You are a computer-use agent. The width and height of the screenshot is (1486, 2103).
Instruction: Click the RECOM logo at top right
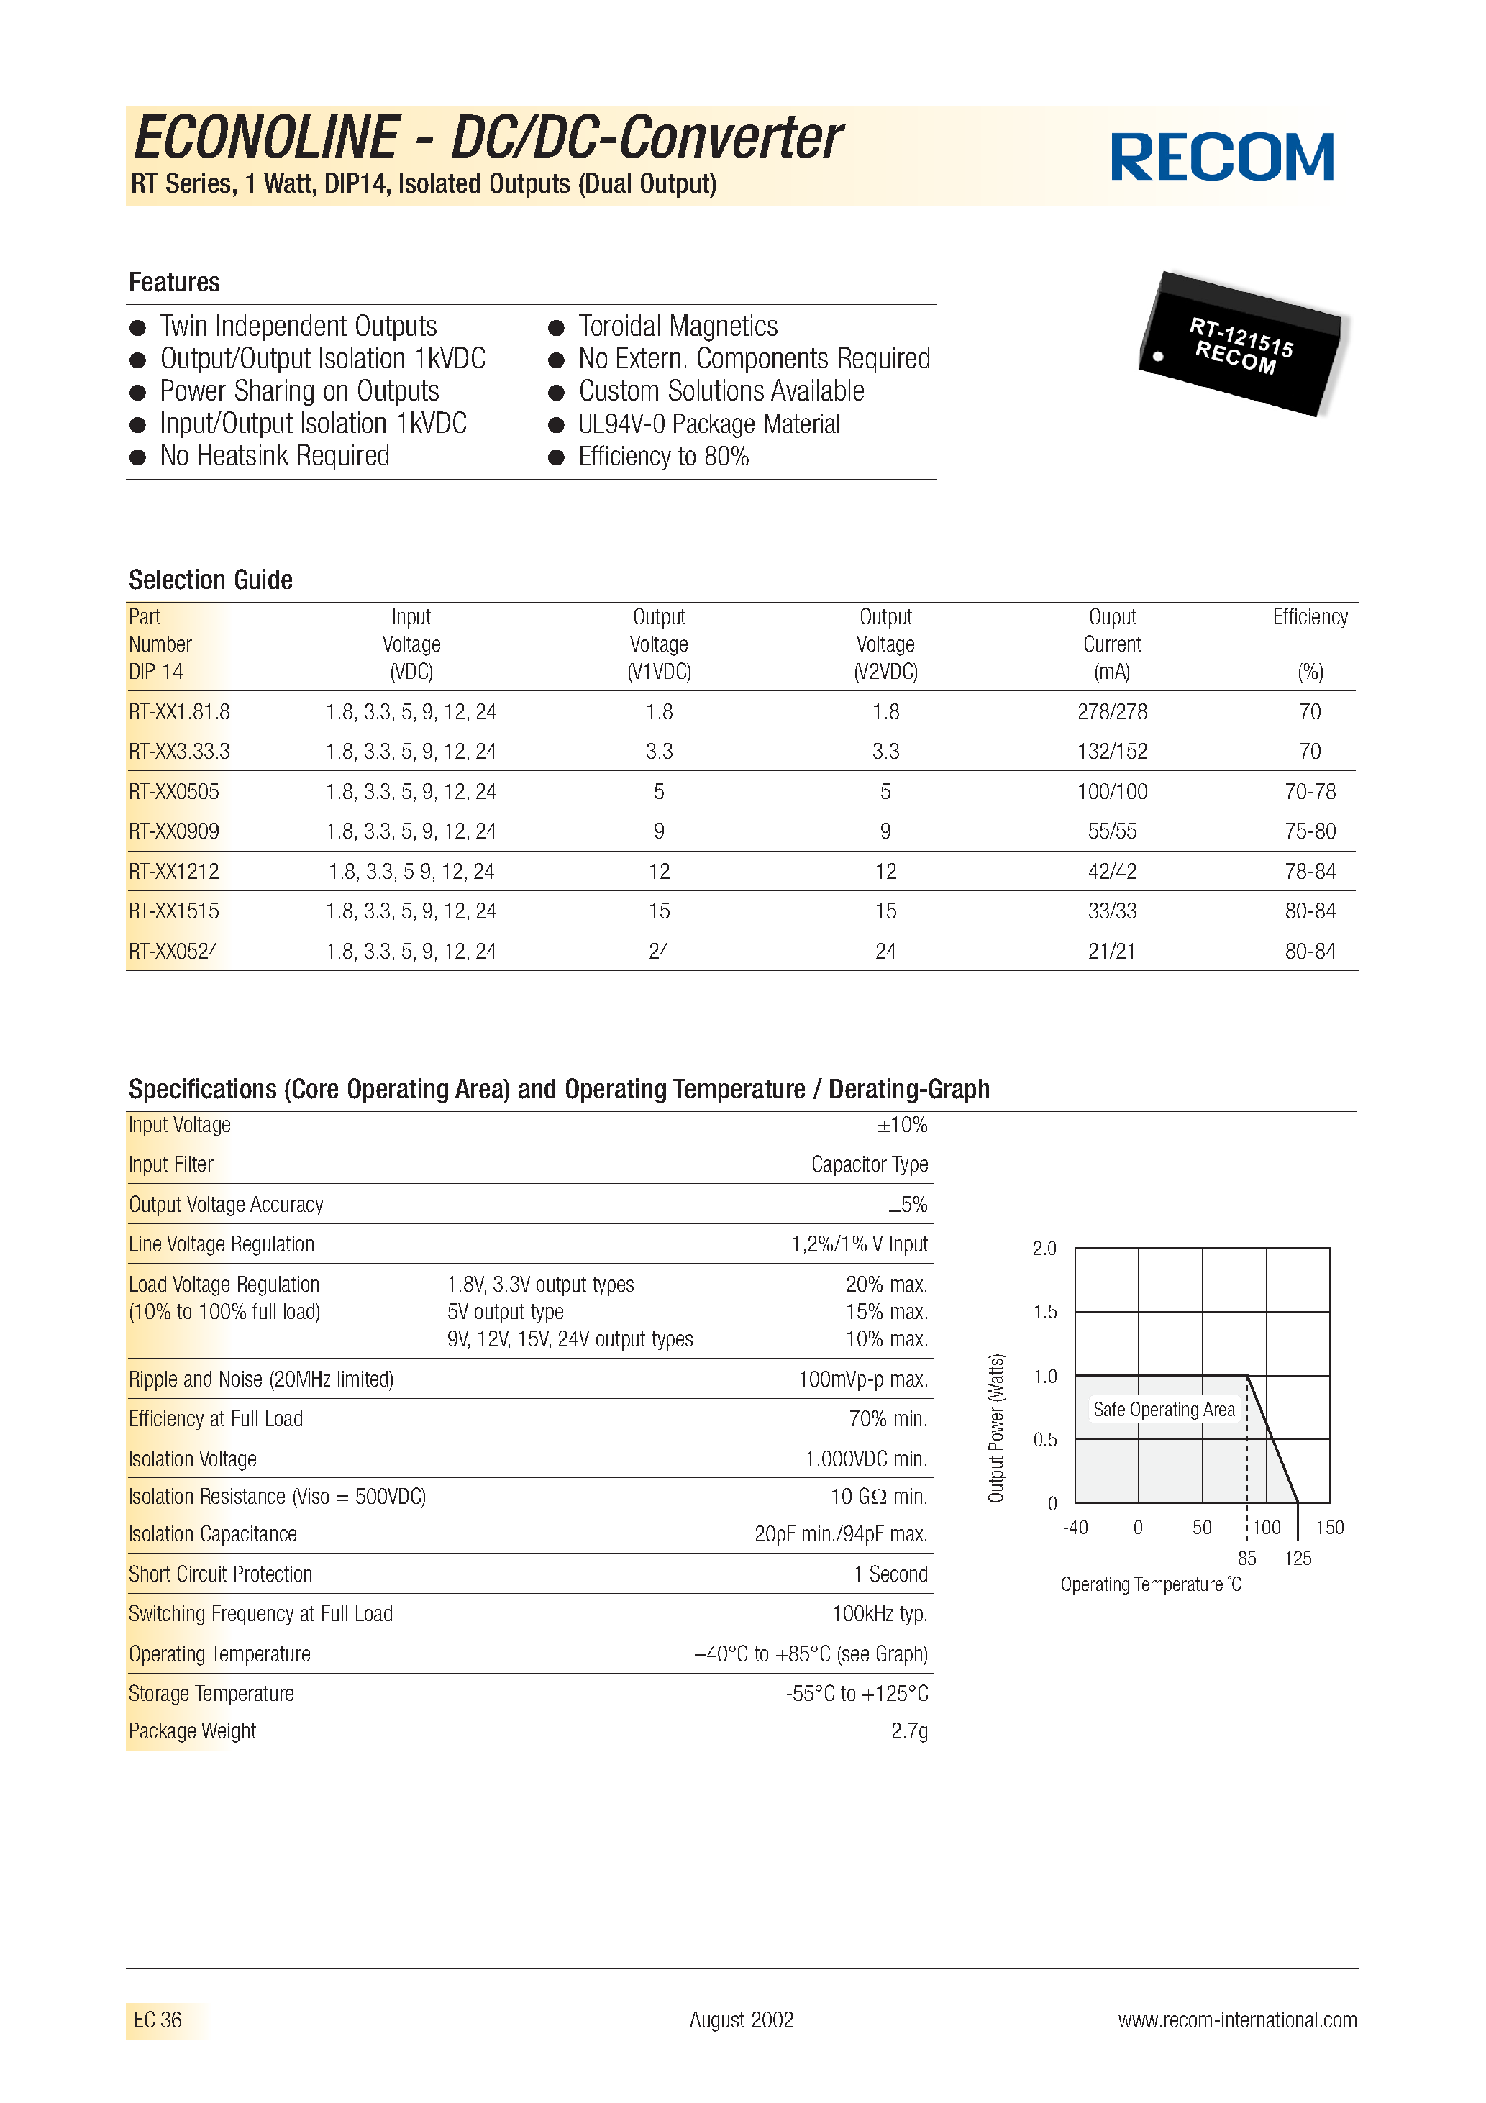[x=1222, y=157]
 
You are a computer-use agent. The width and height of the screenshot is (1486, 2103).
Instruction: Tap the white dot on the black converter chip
[x=1158, y=356]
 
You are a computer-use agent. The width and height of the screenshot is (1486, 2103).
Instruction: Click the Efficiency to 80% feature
[x=662, y=456]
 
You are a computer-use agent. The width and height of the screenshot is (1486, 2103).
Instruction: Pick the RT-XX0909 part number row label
[x=174, y=831]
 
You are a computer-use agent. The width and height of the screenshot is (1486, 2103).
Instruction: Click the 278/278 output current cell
[x=1111, y=712]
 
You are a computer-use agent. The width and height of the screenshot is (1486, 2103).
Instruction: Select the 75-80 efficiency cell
[x=1309, y=831]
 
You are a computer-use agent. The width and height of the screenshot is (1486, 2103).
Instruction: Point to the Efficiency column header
[x=1309, y=617]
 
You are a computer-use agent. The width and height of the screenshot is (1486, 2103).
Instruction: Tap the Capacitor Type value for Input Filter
[x=869, y=1164]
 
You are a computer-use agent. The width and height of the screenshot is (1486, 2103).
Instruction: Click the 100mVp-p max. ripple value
[x=862, y=1379]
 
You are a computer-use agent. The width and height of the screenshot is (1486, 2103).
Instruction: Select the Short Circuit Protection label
[x=220, y=1574]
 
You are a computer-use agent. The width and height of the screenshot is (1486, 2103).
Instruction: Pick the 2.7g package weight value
[x=909, y=1730]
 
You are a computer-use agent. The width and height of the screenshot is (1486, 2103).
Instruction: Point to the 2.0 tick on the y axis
[x=1044, y=1249]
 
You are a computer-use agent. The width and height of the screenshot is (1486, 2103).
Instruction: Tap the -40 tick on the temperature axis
[x=1075, y=1527]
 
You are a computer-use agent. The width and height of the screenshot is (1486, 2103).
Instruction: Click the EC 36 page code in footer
[x=158, y=2020]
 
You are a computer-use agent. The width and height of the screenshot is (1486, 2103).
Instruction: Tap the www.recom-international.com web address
[x=1237, y=2020]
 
